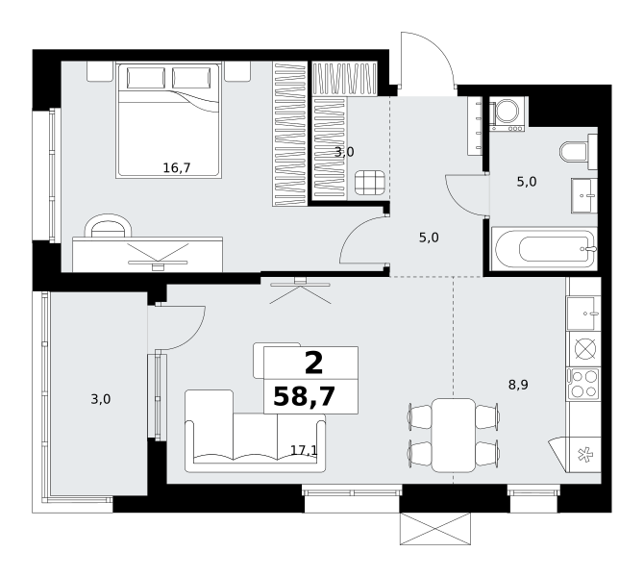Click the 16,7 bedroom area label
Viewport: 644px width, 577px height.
point(177,167)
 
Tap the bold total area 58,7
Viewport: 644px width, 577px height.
point(305,397)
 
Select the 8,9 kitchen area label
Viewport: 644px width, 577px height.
point(518,385)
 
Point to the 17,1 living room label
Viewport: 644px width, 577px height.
point(304,450)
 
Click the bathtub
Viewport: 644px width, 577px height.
point(545,250)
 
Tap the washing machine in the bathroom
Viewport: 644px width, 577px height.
point(507,114)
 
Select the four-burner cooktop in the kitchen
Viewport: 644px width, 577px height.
point(583,384)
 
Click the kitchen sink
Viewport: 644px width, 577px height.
point(583,314)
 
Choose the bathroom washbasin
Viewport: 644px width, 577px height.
point(584,195)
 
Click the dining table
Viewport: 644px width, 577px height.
point(454,436)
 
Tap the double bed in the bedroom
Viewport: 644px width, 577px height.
point(169,120)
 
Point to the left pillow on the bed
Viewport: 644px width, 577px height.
point(146,78)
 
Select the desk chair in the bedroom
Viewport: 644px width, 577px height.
point(108,226)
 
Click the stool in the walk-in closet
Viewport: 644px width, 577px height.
point(370,183)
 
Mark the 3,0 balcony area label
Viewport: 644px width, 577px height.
point(101,399)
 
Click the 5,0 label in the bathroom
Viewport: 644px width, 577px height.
point(527,182)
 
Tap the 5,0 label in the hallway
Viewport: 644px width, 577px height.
point(429,238)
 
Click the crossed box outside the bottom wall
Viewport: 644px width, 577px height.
point(435,529)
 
